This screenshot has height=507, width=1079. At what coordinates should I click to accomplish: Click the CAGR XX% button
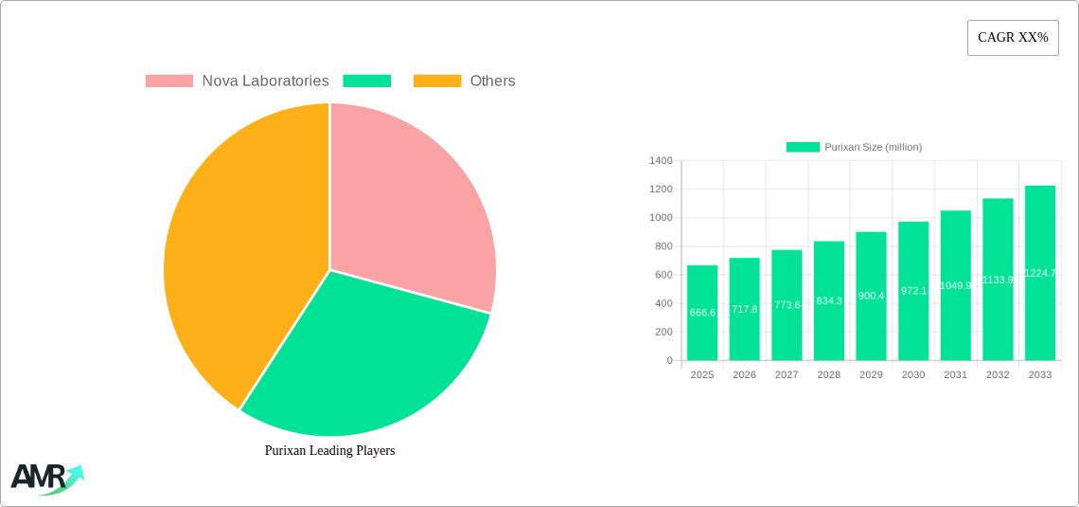(1013, 38)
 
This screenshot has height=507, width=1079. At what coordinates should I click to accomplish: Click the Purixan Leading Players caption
(329, 451)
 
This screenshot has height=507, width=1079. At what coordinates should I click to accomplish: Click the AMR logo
(46, 478)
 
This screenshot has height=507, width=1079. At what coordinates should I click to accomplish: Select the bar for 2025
(702, 313)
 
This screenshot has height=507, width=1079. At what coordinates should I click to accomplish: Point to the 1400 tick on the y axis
(661, 161)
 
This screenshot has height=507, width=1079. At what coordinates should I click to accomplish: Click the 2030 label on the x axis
(913, 375)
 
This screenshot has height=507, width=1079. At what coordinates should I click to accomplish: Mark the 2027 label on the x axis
(787, 375)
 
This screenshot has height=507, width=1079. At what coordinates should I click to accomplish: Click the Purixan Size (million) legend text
(873, 147)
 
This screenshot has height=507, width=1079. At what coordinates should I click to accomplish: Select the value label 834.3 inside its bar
(829, 300)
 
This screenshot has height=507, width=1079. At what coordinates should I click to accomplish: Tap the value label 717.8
(745, 309)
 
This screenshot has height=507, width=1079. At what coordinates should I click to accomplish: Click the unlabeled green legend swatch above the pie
(367, 81)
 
